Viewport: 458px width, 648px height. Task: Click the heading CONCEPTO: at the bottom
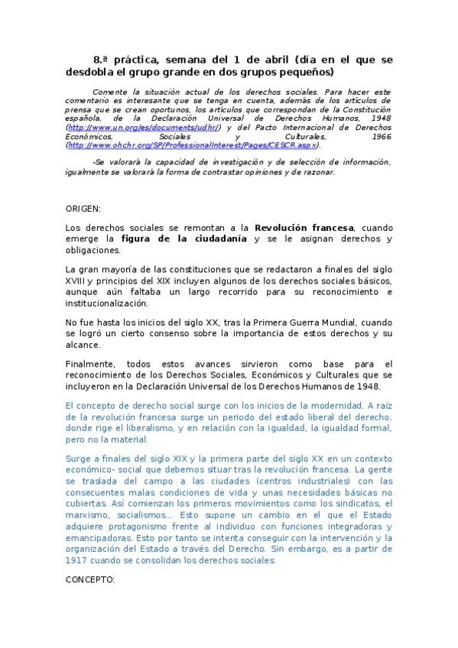pos(90,580)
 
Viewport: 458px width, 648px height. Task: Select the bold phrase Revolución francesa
pos(304,228)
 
